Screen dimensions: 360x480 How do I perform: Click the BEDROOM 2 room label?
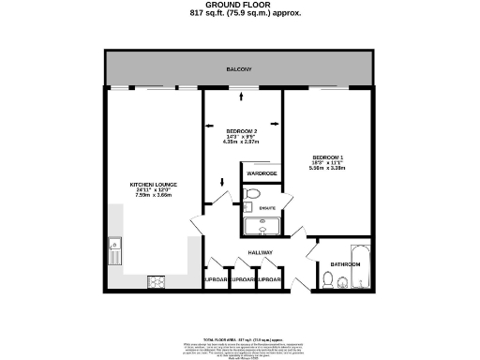[x=243, y=131]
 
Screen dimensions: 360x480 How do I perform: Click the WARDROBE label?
[x=262, y=174]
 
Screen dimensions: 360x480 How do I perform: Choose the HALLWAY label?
[x=261, y=253]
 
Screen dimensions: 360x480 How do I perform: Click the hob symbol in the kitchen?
[x=156, y=281]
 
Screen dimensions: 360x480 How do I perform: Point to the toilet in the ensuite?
[x=249, y=195]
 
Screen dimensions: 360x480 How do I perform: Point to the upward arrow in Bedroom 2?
[x=243, y=96]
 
